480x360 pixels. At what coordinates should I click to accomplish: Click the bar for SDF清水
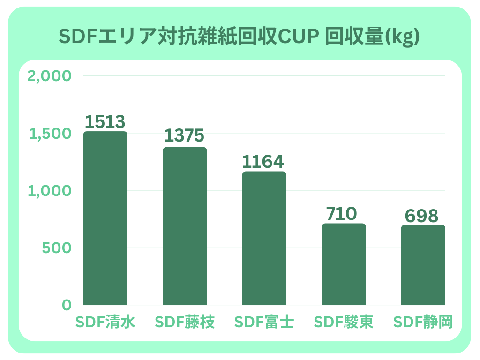pyautogui.click(x=105, y=218)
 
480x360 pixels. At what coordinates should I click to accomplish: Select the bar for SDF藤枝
pyautogui.click(x=185, y=226)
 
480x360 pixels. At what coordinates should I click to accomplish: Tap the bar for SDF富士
pyautogui.click(x=264, y=238)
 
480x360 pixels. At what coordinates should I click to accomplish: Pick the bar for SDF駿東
pyautogui.click(x=344, y=264)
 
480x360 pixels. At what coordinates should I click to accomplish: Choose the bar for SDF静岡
pyautogui.click(x=423, y=265)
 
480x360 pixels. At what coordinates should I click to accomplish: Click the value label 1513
pyautogui.click(x=105, y=122)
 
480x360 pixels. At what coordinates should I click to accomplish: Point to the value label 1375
pyautogui.click(x=185, y=135)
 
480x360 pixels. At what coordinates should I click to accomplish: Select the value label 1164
pyautogui.click(x=263, y=162)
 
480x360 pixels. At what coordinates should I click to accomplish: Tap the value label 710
pyautogui.click(x=342, y=214)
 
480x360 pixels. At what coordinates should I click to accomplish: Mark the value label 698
pyautogui.click(x=422, y=216)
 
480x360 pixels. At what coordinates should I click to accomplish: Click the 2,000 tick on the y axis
pyautogui.click(x=50, y=76)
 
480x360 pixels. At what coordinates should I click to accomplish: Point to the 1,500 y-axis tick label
pyautogui.click(x=51, y=134)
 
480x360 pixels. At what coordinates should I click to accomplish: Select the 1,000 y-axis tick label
pyautogui.click(x=51, y=191)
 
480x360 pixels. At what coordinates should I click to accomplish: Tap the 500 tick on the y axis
pyautogui.click(x=57, y=248)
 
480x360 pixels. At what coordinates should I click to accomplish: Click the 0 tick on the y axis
pyautogui.click(x=67, y=305)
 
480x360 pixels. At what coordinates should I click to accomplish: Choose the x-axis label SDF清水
pyautogui.click(x=105, y=322)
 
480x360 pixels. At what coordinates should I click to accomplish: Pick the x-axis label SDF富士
pyautogui.click(x=264, y=322)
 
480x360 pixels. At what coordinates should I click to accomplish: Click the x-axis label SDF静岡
pyautogui.click(x=423, y=322)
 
